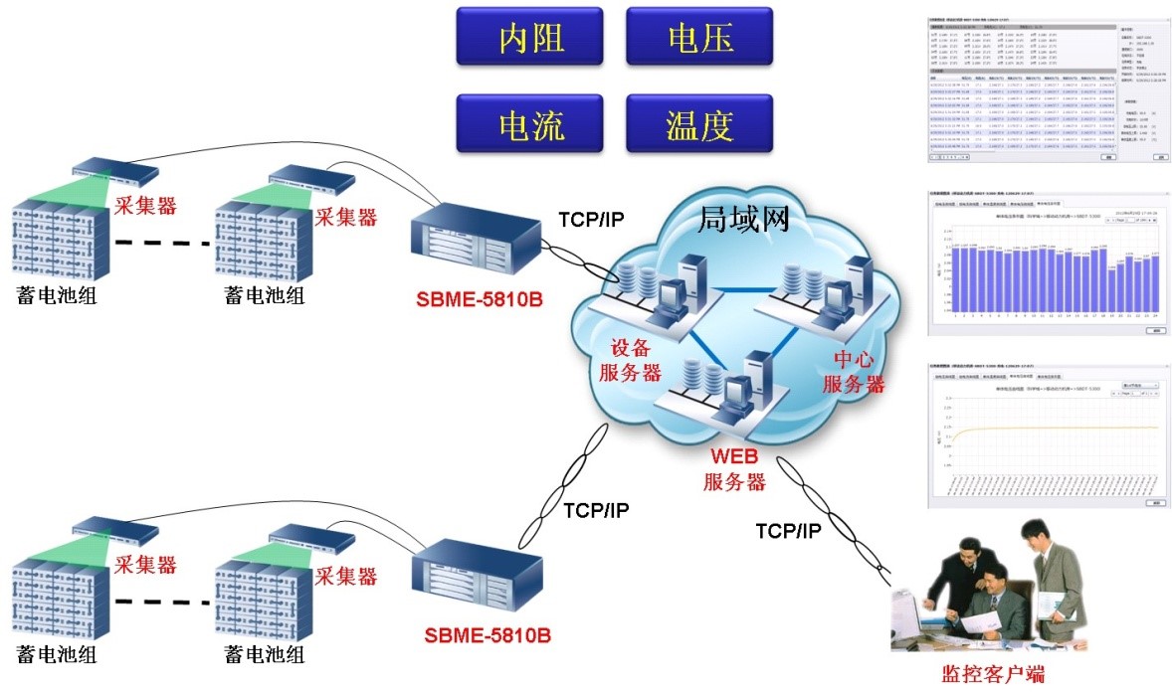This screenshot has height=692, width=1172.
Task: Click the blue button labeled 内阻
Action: (530, 38)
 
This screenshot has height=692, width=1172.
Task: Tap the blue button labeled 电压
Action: (699, 38)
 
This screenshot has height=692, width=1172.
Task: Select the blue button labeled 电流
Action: (530, 124)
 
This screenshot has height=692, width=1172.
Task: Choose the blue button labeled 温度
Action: (699, 124)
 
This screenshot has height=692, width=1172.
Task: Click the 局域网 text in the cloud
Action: (744, 218)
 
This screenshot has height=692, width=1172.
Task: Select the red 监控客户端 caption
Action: (992, 674)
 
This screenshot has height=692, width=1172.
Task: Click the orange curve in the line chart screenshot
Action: (1055, 428)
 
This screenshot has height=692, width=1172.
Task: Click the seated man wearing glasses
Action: (995, 597)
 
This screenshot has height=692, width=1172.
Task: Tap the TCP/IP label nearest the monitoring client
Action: (789, 531)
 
